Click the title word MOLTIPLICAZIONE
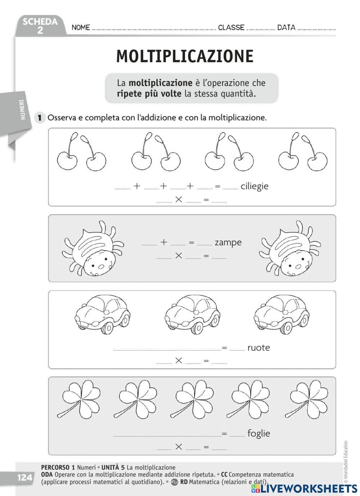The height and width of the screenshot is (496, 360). [185, 56]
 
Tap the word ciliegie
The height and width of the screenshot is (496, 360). [255, 186]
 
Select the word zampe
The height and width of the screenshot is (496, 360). [228, 242]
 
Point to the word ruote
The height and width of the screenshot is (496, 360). [258, 347]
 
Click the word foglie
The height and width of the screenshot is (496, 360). [258, 433]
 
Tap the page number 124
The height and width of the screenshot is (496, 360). [25, 478]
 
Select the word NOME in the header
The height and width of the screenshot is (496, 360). [81, 27]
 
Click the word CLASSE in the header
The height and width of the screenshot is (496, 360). [231, 27]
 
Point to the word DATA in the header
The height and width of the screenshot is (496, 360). [286, 27]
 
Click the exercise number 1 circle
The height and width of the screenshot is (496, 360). [40, 118]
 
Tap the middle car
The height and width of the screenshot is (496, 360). [192, 313]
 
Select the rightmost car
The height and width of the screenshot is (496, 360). [282, 313]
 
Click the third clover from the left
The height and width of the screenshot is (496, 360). [193, 399]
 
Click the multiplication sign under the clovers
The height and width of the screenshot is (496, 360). [179, 447]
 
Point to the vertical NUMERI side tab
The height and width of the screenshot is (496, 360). [23, 110]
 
